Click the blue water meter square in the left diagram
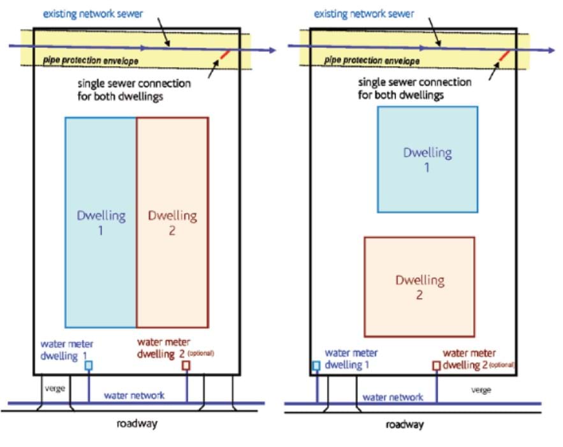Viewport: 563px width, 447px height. click(89, 365)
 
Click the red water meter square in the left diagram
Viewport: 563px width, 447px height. click(186, 365)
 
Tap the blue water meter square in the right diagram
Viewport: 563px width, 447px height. click(316, 365)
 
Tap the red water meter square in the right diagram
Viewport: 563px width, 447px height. click(436, 365)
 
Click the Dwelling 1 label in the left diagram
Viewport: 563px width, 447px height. click(101, 223)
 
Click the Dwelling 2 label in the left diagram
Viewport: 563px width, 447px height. click(172, 223)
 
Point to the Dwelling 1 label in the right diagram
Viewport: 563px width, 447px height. click(427, 160)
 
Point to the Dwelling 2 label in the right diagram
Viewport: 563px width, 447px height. click(420, 287)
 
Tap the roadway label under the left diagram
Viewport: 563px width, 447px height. click(136, 423)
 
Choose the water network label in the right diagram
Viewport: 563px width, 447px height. click(393, 397)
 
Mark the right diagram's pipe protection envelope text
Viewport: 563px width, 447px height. click(372, 61)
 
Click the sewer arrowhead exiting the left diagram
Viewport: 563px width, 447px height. click(272, 51)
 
